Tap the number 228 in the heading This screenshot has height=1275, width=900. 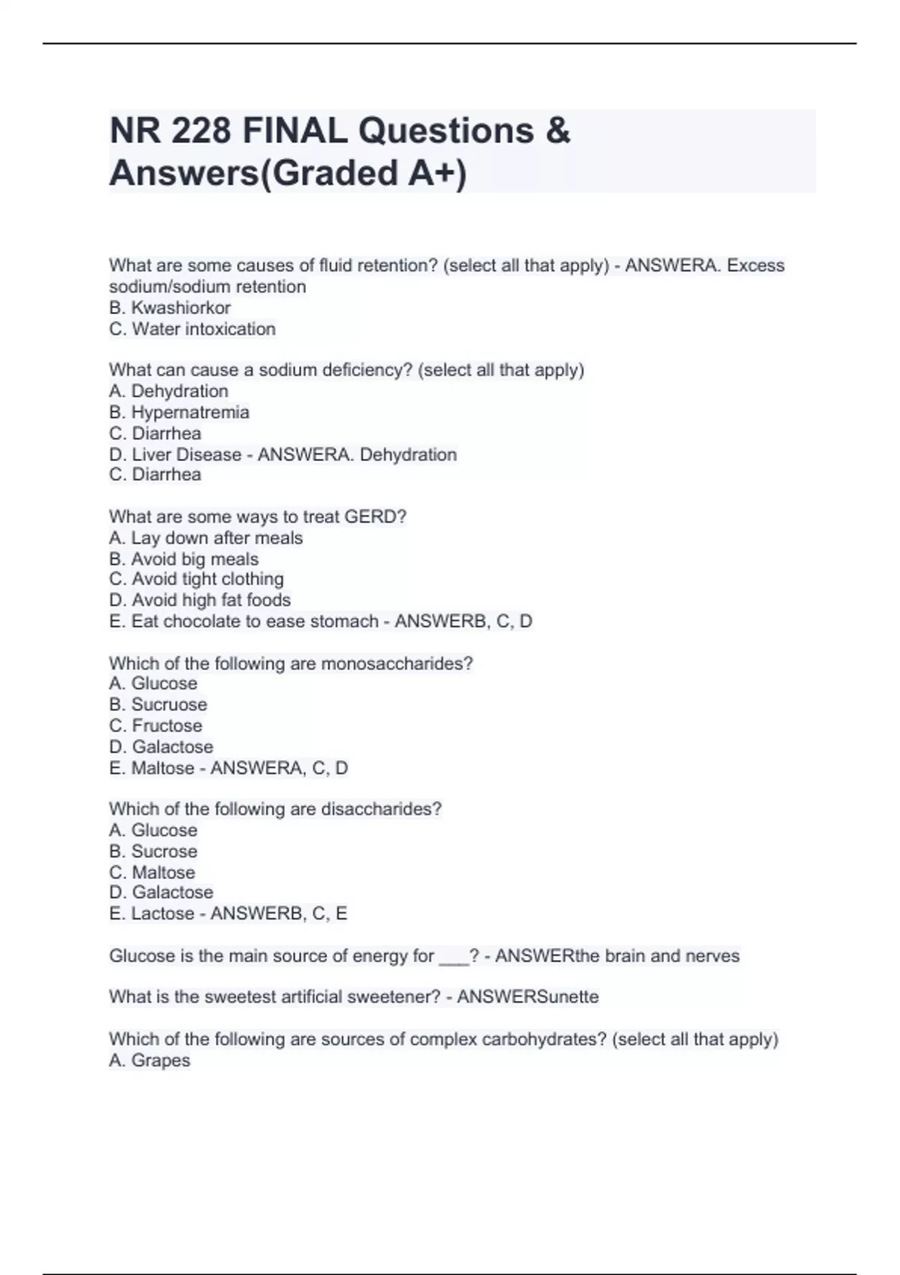(200, 131)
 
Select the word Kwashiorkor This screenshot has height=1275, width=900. (181, 307)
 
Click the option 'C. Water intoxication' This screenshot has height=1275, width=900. (193, 328)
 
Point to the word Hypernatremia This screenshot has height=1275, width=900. (190, 412)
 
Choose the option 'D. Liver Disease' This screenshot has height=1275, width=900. (175, 454)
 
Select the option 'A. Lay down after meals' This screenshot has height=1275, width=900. (206, 538)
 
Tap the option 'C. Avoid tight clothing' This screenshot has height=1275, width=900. (196, 579)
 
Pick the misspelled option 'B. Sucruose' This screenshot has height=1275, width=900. (158, 704)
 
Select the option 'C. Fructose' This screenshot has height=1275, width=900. (156, 725)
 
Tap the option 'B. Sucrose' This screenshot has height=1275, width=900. (154, 851)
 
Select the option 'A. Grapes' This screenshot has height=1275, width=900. (150, 1060)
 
